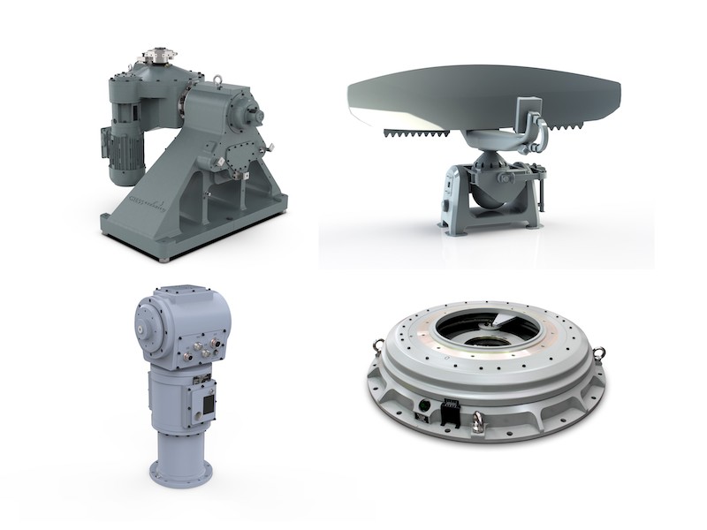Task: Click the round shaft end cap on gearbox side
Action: (257, 112)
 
